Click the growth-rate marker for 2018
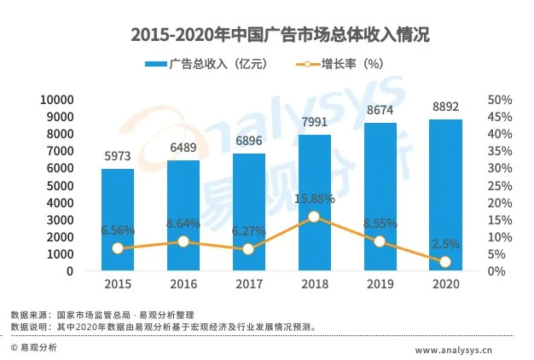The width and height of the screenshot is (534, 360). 314,217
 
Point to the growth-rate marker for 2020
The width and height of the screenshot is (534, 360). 445,262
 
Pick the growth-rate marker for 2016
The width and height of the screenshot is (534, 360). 183,241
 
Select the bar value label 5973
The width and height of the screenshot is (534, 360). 118,158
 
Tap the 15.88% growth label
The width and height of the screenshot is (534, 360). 313,199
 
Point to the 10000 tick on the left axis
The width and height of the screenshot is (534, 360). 58,100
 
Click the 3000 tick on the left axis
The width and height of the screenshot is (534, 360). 62,219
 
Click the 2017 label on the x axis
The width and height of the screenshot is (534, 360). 248,285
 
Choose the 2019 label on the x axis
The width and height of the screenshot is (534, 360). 380,285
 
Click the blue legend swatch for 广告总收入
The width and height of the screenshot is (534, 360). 155,66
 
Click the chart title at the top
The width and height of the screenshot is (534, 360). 267,35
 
